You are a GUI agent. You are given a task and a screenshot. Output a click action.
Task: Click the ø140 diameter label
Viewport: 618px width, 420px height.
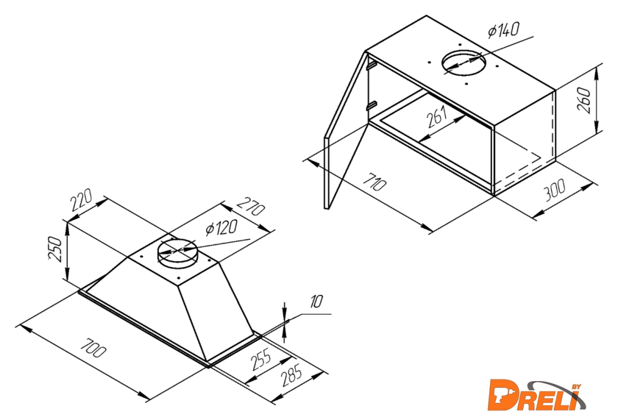(x=503, y=29)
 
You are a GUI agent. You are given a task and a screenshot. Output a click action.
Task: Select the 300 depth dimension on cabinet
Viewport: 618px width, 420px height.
(x=555, y=190)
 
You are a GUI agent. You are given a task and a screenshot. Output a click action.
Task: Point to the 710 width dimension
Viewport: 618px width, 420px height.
(x=374, y=181)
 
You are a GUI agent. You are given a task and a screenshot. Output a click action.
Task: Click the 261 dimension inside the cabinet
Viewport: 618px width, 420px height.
(x=438, y=116)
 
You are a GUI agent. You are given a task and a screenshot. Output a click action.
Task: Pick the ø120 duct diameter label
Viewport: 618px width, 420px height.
(x=221, y=228)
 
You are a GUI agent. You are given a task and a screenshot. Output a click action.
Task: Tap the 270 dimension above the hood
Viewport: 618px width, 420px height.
(x=250, y=206)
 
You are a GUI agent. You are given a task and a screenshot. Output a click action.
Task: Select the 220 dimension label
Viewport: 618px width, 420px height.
(x=82, y=200)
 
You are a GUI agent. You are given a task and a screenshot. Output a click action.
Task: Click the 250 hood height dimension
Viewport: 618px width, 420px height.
(x=56, y=249)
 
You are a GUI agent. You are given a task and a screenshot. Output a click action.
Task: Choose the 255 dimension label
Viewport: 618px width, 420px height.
(x=261, y=359)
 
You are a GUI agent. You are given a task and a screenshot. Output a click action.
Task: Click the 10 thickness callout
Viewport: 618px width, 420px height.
(x=316, y=302)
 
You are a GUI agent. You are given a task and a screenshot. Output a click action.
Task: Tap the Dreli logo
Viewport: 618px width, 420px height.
(x=536, y=395)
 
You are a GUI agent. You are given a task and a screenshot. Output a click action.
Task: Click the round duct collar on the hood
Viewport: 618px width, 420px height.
(x=176, y=252)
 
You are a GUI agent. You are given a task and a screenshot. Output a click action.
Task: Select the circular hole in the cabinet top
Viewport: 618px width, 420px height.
(x=464, y=63)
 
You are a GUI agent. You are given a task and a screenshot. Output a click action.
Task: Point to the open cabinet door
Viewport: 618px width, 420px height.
(x=346, y=130)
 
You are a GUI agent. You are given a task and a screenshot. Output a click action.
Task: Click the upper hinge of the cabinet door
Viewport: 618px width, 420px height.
(x=371, y=65)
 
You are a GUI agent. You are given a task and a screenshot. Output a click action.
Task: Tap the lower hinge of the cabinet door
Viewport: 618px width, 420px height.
(x=371, y=106)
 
